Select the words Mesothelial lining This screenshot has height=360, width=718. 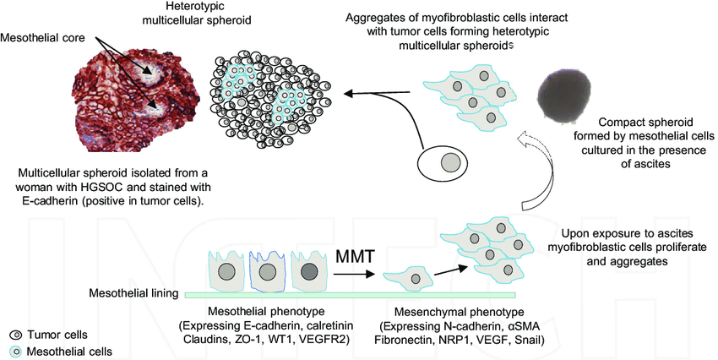[133, 294]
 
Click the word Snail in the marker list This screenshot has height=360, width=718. [525, 340]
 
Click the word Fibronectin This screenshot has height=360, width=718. [405, 340]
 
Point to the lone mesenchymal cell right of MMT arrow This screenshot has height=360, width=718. [411, 276]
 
